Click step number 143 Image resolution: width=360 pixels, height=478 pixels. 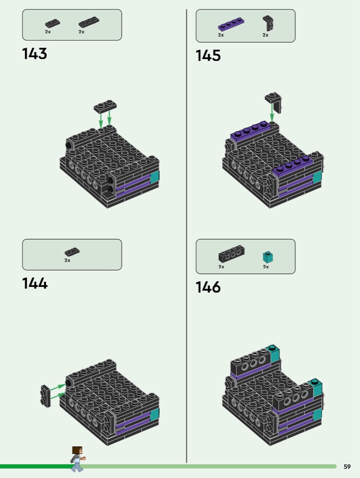(x=35, y=54)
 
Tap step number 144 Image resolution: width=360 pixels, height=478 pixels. (x=35, y=283)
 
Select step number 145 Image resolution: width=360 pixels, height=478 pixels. (x=208, y=56)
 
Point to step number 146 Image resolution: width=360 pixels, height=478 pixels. (x=208, y=287)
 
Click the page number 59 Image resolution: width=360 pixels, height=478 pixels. (x=347, y=467)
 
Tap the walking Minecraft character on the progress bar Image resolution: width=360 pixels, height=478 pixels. (x=77, y=459)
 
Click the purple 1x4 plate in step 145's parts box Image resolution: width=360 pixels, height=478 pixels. (x=231, y=25)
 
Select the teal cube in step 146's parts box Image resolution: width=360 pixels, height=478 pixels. (x=268, y=257)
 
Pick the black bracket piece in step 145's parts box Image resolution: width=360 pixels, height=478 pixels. (x=268, y=23)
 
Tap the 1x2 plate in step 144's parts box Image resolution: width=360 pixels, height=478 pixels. (x=72, y=252)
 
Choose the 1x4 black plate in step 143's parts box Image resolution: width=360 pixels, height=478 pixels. (x=89, y=22)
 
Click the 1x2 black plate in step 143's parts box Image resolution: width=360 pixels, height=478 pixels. (x=52, y=24)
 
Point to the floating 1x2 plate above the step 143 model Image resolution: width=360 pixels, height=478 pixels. (x=105, y=106)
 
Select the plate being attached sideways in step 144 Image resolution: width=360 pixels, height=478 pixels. (x=46, y=396)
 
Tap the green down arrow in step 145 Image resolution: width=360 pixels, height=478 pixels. (x=272, y=112)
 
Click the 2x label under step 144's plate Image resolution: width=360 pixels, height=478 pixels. (x=67, y=260)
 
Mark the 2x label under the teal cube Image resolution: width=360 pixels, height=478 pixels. (x=266, y=267)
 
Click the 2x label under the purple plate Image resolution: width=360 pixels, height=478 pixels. (x=221, y=35)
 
